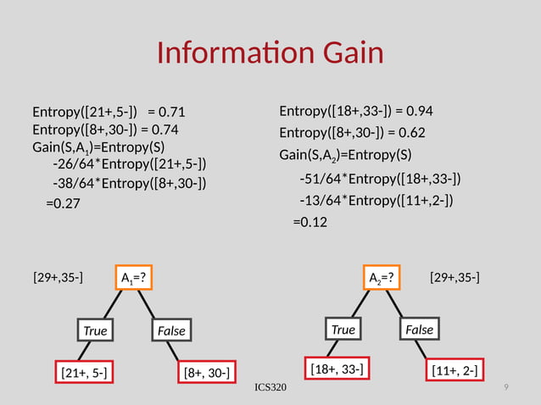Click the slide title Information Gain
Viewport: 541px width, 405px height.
[270, 53]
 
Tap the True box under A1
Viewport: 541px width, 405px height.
[95, 330]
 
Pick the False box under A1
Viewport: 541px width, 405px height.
[171, 330]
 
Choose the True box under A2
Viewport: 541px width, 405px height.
[343, 329]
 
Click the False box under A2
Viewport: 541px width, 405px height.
[419, 329]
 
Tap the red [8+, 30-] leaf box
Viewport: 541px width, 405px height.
[207, 372]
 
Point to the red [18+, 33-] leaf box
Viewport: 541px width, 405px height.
[337, 369]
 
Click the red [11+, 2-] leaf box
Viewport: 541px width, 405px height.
[455, 370]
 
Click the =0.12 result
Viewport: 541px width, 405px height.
[310, 221]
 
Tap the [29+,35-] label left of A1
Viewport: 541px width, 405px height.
[59, 277]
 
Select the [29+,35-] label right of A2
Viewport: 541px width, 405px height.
[455, 277]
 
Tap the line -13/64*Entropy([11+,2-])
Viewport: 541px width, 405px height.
[376, 200]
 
